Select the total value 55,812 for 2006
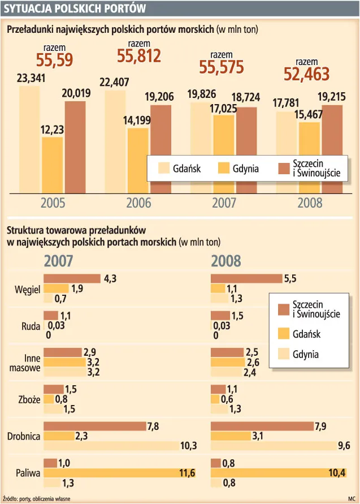pyautogui.click(x=139, y=55)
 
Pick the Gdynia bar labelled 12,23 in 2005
pyautogui.click(x=53, y=164)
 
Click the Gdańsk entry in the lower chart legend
pyautogui.click(x=306, y=334)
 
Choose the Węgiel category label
pyautogui.click(x=27, y=289)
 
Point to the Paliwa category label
pyautogui.click(x=28, y=472)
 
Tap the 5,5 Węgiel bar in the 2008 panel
pyautogui.click(x=246, y=278)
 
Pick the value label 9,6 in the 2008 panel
pyautogui.click(x=344, y=446)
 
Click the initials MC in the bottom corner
pyautogui.click(x=352, y=498)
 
